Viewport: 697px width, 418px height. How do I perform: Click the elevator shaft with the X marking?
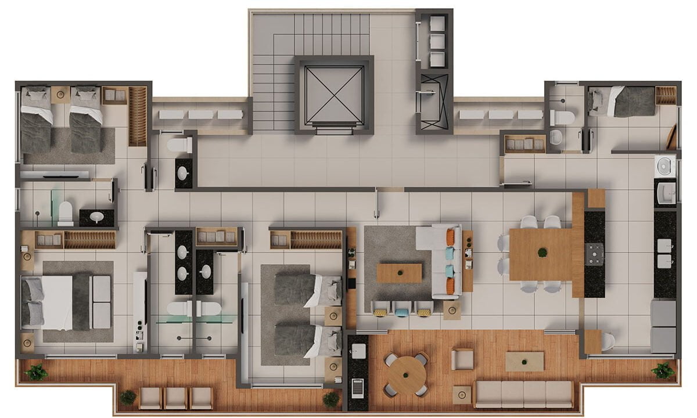pos(333,95)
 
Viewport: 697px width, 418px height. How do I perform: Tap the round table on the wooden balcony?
pos(406,375)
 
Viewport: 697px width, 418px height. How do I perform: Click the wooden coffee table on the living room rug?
pos(399,273)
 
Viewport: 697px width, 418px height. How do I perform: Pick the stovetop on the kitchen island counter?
pos(594,254)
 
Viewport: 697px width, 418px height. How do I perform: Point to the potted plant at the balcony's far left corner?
pos(37,372)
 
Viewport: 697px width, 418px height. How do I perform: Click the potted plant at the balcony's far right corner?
pos(663,370)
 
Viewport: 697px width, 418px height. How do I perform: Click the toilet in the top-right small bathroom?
pos(562,118)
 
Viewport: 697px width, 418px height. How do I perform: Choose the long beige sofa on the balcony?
pos(524,394)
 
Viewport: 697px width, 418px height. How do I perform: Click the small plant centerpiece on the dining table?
pos(542,253)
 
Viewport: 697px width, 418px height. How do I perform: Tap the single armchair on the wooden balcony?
pos(462,359)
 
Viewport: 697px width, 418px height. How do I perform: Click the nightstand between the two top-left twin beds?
pos(60,95)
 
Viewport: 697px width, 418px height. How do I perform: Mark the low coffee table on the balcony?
pos(524,361)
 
